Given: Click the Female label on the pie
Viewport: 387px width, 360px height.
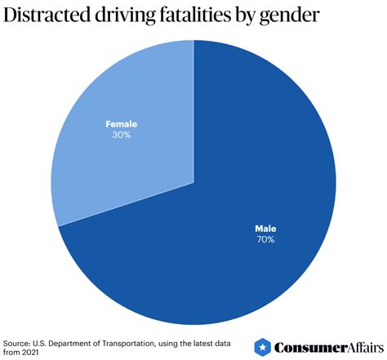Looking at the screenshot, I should (120, 124).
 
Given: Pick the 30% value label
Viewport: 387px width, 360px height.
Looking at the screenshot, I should (120, 135).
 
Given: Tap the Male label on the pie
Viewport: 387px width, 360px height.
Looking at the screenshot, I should (266, 229).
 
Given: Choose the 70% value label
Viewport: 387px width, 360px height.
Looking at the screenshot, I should (266, 240).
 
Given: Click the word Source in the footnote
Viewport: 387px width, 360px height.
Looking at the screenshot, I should (17, 341).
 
